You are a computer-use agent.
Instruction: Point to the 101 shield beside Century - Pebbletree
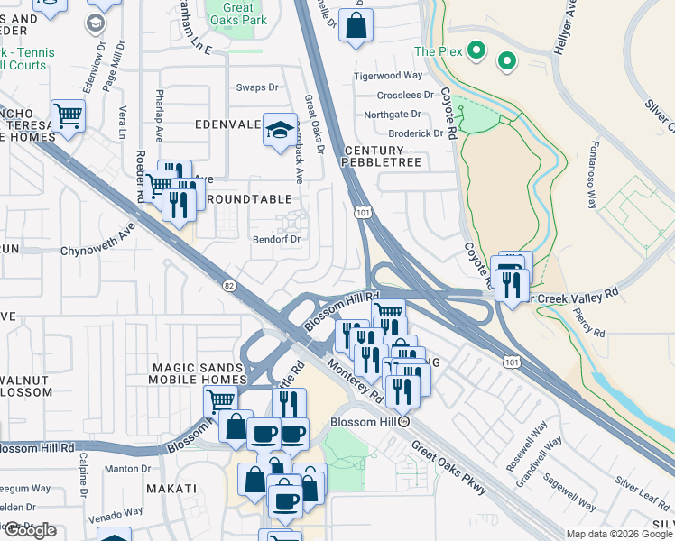tap(360, 213)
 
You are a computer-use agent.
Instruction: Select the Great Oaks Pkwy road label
tap(448, 467)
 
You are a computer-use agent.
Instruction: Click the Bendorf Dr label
tap(275, 239)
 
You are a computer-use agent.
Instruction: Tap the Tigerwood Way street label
tap(388, 76)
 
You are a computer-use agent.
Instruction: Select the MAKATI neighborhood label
tap(171, 488)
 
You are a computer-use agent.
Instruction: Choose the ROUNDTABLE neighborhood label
tap(249, 198)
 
